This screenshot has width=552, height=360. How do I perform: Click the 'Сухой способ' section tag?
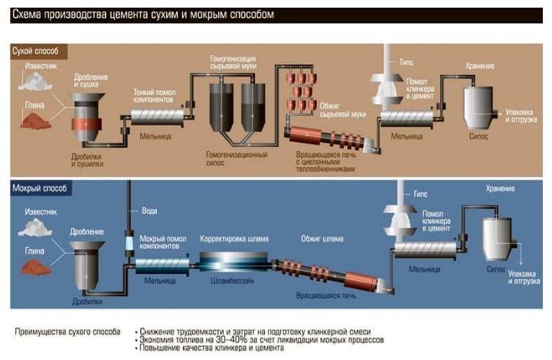(38, 51)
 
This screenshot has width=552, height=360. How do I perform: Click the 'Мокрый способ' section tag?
(41, 188)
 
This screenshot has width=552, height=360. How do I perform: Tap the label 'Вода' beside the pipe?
(150, 211)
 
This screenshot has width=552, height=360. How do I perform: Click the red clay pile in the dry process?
(35, 121)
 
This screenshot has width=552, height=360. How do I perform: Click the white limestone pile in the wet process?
(34, 227)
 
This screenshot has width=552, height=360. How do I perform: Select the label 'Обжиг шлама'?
(322, 238)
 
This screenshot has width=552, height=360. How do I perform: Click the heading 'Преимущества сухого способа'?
(67, 332)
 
